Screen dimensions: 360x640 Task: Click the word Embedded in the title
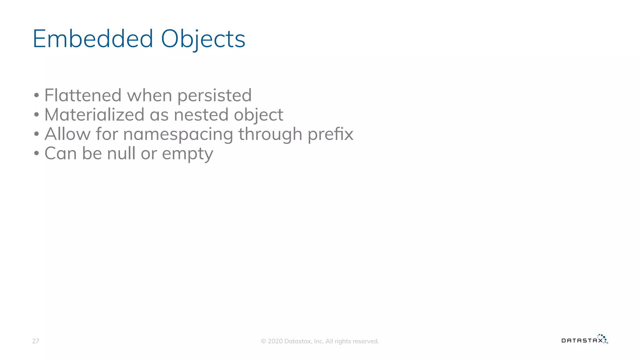coord(93,39)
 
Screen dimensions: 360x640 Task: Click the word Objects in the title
coord(203,39)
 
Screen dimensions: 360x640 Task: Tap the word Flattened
coord(83,95)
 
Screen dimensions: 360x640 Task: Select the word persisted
coord(214,96)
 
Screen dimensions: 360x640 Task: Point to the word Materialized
coord(94,114)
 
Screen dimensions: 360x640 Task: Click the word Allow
coord(67,134)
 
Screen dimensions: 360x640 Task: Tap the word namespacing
coord(178,134)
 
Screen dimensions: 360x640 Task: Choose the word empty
coord(187,154)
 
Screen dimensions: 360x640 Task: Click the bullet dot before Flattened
coord(37,95)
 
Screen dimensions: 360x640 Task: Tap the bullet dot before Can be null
coord(37,153)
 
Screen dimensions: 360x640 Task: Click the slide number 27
coord(36,341)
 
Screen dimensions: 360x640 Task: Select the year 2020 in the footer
coord(275,341)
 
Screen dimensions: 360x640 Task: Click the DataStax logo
coord(584,339)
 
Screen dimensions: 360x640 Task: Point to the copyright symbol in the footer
coord(263,341)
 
